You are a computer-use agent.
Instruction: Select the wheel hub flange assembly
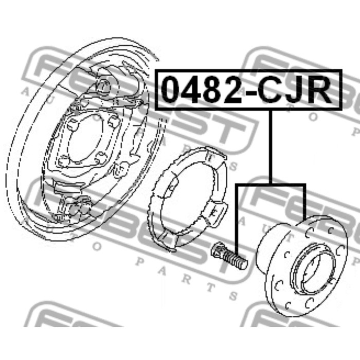[302, 266]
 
